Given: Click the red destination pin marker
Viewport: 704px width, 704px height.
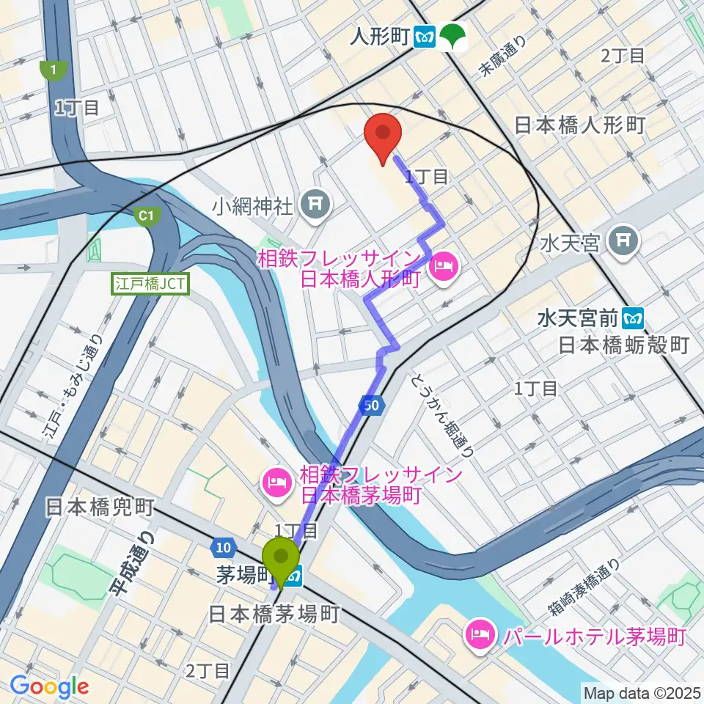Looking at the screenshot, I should click(382, 134).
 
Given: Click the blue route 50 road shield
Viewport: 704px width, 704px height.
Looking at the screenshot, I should click(372, 404).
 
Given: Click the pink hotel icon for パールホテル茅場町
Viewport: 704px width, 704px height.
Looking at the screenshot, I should click(481, 634).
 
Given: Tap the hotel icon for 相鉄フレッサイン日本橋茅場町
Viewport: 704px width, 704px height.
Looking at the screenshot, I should click(277, 484).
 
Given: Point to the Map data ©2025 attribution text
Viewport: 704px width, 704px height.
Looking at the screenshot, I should click(640, 692).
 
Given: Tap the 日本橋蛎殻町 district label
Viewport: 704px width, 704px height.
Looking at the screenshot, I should click(624, 345).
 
